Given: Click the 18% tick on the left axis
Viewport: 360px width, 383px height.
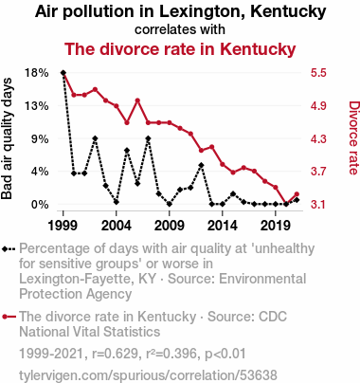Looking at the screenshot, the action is coord(37,73).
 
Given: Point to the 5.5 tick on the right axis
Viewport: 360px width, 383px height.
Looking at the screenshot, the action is coord(318,73).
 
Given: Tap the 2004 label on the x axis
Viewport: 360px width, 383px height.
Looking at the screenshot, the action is coord(117,226).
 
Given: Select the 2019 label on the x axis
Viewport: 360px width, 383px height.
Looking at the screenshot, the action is coord(276,226).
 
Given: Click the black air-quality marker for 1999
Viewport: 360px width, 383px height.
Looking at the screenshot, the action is coord(63,73).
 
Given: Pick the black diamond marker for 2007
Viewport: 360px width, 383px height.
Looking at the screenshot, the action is coord(148,138).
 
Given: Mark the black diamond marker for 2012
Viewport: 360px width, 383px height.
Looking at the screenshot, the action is coord(201,165).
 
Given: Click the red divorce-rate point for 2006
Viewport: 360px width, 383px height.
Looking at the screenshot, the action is coord(137,100).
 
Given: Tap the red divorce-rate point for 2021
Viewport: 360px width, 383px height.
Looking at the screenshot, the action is coord(297,194).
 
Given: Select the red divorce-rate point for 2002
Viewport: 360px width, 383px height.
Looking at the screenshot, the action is coord(95,89).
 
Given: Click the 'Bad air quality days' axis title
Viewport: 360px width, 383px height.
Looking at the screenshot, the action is coord(7,138).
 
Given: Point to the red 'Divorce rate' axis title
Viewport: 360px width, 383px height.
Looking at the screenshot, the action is coord(353,137).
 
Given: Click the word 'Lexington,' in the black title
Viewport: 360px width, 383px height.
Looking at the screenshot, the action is coord(202,12).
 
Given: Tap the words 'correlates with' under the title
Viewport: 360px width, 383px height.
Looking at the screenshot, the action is coord(180,29).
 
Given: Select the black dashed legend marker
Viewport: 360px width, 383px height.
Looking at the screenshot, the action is coord(9,249).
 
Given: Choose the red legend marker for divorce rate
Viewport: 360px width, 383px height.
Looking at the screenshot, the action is coord(9,317).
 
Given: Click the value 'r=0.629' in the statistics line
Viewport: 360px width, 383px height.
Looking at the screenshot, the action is coord(115,354).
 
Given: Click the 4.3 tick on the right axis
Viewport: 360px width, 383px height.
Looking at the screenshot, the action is coord(318,138).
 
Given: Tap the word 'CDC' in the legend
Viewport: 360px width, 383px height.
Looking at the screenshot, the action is coord(273,317).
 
